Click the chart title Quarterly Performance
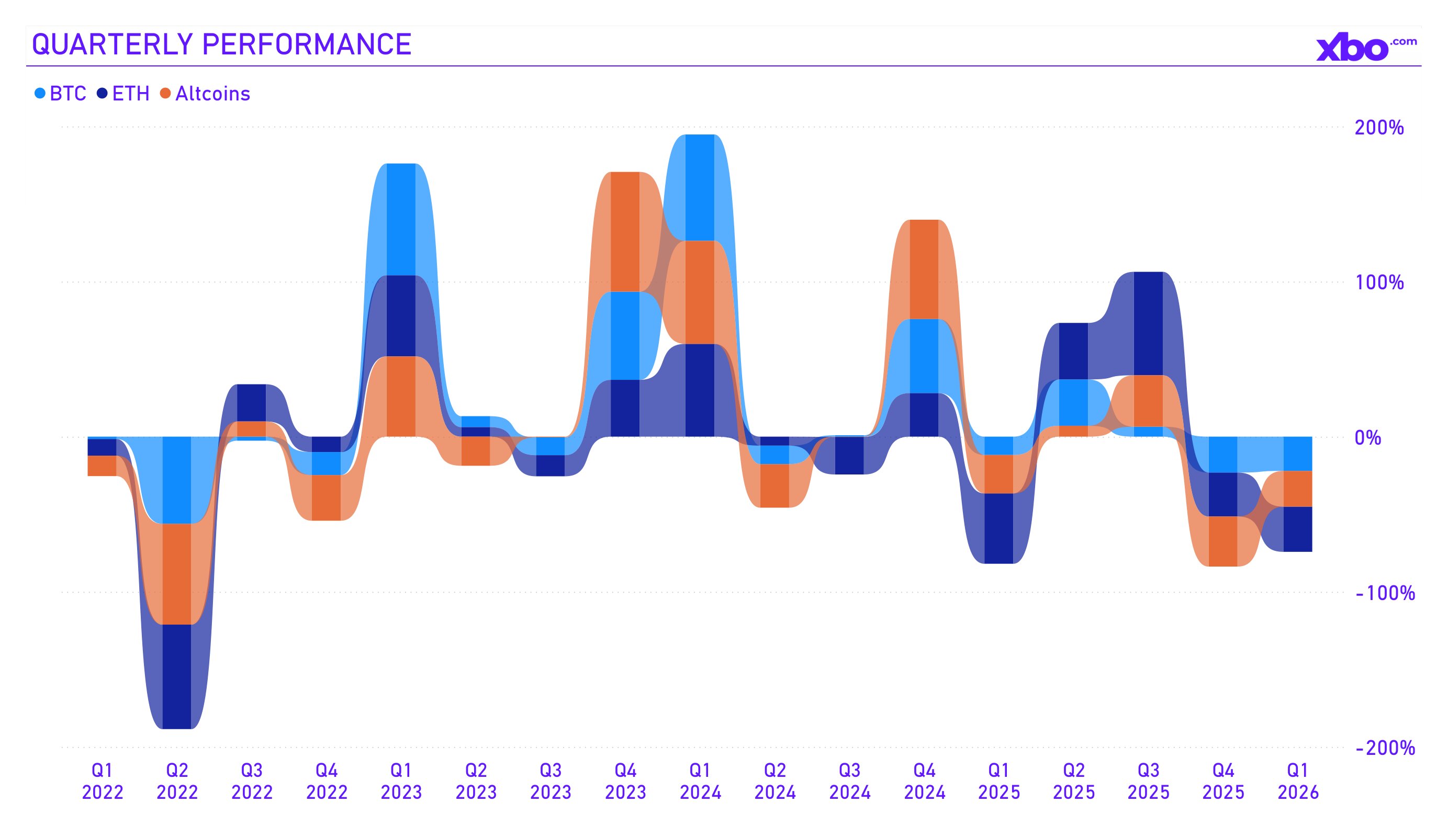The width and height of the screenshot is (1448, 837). (221, 44)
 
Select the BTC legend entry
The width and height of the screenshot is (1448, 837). (61, 94)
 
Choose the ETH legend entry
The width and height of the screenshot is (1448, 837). (124, 94)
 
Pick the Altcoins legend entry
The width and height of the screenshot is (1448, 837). (206, 94)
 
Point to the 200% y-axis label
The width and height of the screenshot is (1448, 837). (1378, 128)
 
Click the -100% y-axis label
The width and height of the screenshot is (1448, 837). (1384, 593)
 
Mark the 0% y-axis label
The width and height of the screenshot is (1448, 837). (1367, 438)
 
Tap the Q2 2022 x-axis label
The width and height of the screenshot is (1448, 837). (177, 781)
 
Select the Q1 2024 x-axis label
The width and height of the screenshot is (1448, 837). (700, 781)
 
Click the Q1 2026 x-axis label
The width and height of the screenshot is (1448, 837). (1298, 781)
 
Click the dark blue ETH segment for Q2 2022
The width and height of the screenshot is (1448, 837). (177, 676)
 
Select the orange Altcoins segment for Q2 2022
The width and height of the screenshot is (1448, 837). (177, 573)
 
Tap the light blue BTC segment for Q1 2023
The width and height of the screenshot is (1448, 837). (401, 219)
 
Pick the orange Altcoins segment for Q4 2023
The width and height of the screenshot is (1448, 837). (625, 232)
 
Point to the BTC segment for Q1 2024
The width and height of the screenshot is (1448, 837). (700, 187)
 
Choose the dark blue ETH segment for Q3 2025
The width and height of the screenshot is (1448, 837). (1148, 323)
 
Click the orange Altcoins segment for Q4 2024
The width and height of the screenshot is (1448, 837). (924, 269)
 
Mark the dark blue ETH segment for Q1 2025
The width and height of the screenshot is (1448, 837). (998, 528)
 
